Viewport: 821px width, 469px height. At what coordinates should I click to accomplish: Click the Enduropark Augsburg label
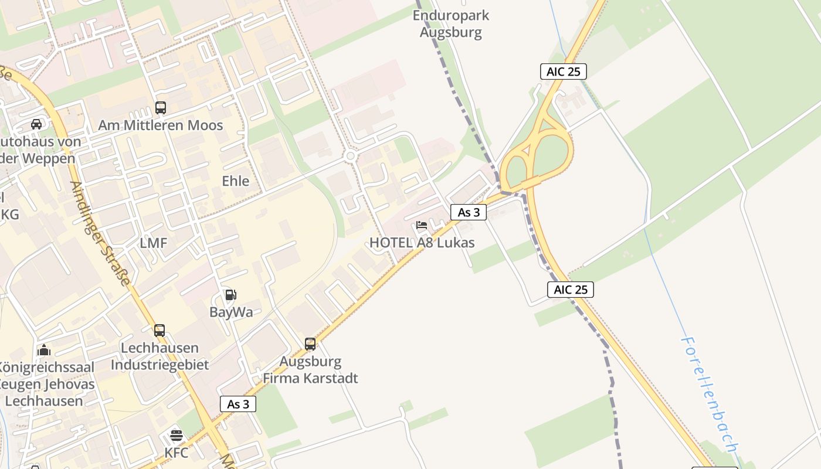pyautogui.click(x=450, y=23)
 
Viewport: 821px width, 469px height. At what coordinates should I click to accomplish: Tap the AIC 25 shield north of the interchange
pyautogui.click(x=563, y=72)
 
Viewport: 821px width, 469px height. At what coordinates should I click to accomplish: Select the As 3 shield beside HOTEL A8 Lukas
pyautogui.click(x=469, y=212)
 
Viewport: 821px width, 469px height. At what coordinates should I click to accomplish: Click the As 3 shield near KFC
pyautogui.click(x=238, y=404)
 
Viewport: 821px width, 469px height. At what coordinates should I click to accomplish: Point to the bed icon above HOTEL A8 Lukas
pyautogui.click(x=422, y=225)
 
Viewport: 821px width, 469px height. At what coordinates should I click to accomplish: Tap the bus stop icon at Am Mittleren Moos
pyautogui.click(x=160, y=108)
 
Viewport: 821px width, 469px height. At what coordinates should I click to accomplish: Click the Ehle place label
pyautogui.click(x=236, y=181)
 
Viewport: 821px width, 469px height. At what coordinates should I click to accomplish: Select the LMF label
pyautogui.click(x=154, y=243)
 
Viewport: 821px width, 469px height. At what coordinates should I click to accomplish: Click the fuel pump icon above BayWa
pyautogui.click(x=230, y=295)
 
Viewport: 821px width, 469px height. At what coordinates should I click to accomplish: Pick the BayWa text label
pyautogui.click(x=231, y=312)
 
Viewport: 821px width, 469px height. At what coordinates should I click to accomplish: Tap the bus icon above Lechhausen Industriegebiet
pyautogui.click(x=160, y=331)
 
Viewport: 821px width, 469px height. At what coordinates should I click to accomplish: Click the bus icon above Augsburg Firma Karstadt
pyautogui.click(x=310, y=344)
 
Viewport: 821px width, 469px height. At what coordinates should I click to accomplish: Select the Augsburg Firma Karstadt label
pyautogui.click(x=310, y=370)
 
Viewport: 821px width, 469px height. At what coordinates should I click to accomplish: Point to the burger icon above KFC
pyautogui.click(x=177, y=436)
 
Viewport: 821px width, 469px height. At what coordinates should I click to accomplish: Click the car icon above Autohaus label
pyautogui.click(x=36, y=124)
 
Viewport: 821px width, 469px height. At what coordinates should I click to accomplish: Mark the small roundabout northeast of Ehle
pyautogui.click(x=351, y=156)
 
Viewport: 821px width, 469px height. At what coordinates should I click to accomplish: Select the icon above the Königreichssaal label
pyautogui.click(x=44, y=351)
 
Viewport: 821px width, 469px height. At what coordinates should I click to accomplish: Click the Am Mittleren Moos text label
pyautogui.click(x=160, y=125)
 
